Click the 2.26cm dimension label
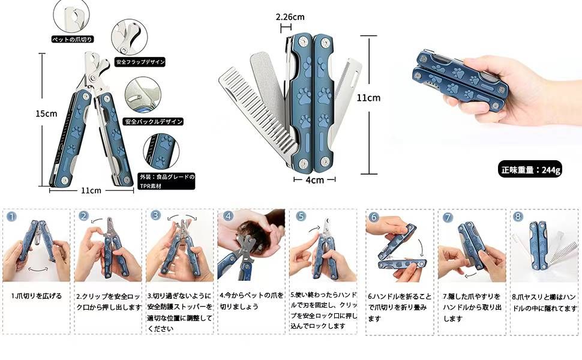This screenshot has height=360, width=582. tap(290, 17)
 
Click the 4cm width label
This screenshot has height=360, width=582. tap(314, 179)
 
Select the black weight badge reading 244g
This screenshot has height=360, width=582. tap(532, 170)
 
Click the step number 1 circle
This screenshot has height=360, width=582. tap(12, 217)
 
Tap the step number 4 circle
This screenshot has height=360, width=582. tap(228, 216)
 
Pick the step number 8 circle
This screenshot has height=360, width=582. tap(518, 217)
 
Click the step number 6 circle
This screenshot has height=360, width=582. tap(374, 217)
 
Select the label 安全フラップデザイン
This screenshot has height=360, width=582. tap(140, 62)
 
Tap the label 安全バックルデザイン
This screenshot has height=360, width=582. tap(152, 122)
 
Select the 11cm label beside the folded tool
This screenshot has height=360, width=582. tap(368, 98)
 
